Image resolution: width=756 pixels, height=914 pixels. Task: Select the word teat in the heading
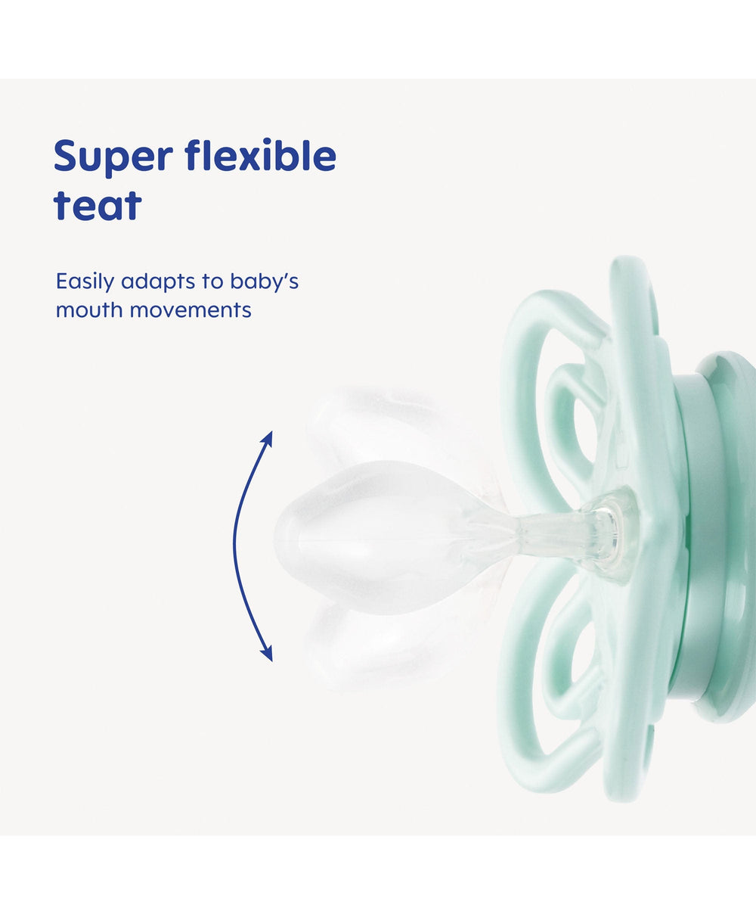coord(98,205)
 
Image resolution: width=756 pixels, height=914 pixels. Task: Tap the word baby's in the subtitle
coord(265,282)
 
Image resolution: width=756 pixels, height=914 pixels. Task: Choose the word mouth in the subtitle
coord(90,310)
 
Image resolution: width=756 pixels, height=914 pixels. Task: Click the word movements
coord(191,311)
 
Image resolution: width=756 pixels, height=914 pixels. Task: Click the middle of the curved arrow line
coord(235,545)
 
